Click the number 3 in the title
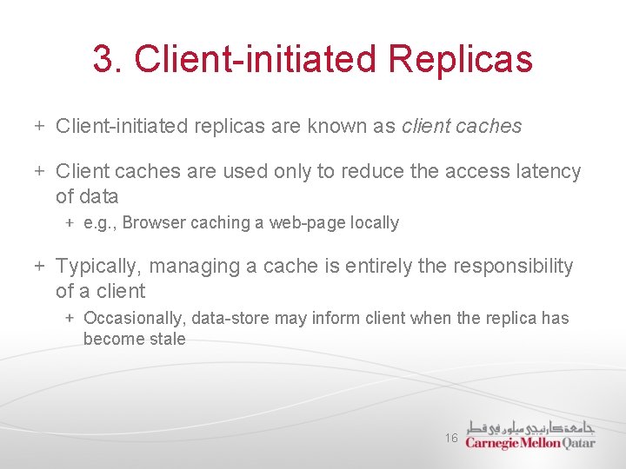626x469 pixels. tap(103, 60)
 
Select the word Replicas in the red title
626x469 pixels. tap(461, 60)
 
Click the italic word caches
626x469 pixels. tap(487, 126)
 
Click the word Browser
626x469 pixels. tap(153, 223)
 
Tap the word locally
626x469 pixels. tap(376, 223)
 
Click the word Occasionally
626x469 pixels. tap(132, 319)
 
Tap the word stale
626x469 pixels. tap(165, 339)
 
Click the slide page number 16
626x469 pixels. tap(451, 439)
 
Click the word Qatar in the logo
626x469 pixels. tap(579, 442)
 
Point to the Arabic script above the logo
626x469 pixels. tap(531, 427)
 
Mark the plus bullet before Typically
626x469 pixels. tap(39, 266)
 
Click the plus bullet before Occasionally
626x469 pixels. tap(70, 319)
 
